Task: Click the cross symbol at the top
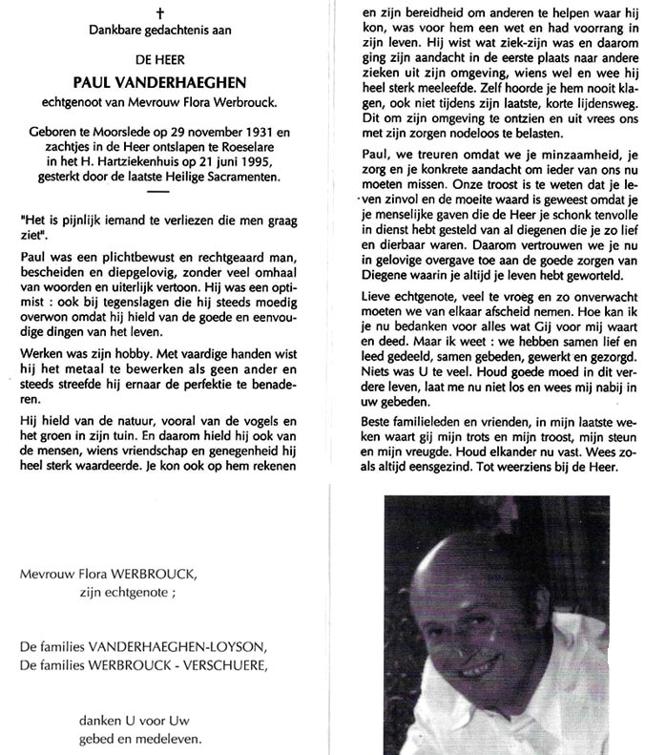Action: (160, 12)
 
